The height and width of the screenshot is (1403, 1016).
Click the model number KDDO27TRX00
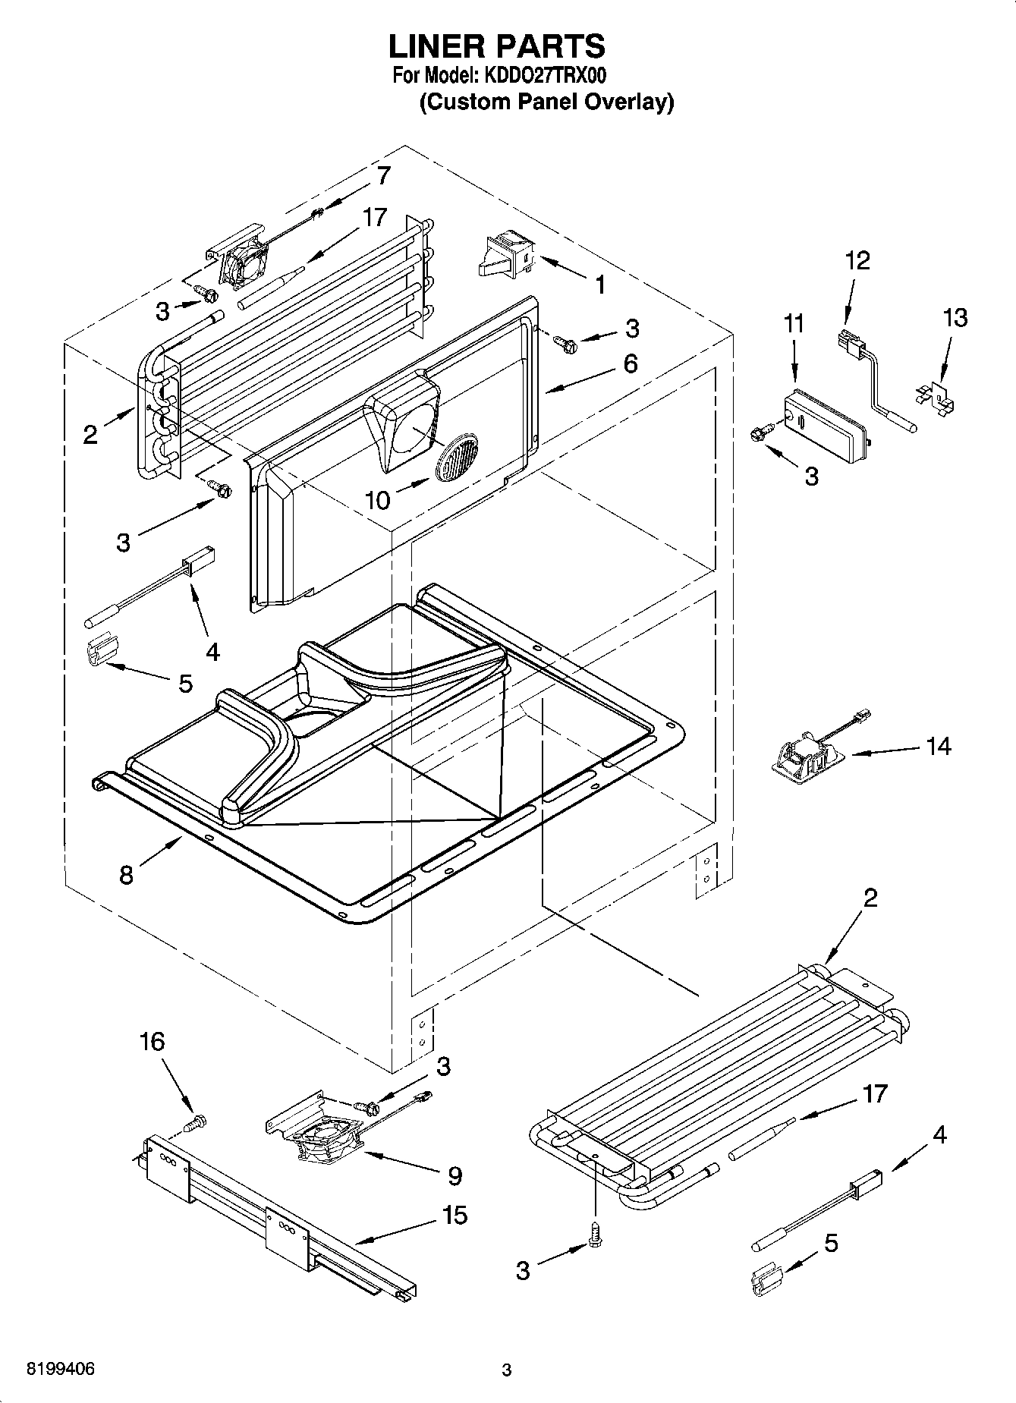[x=541, y=76]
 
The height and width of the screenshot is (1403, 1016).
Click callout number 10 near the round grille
[x=377, y=499]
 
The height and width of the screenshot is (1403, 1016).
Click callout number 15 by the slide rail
[x=455, y=1215]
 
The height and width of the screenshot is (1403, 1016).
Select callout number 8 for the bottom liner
[x=126, y=874]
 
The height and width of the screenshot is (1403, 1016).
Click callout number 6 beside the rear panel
[x=631, y=363]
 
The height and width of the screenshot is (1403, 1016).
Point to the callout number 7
[x=383, y=176]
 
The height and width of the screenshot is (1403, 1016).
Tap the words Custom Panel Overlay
[x=546, y=102]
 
